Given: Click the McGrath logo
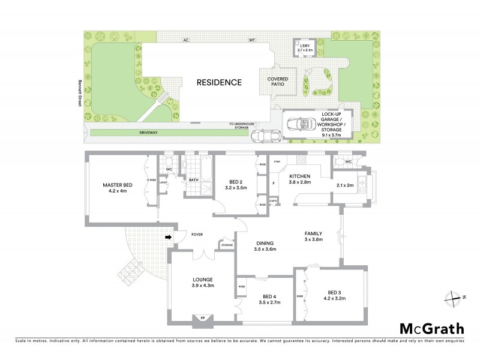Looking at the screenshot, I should [x=431, y=328].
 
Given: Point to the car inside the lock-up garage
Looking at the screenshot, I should [x=302, y=124].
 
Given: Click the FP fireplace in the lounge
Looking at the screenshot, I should [x=202, y=318].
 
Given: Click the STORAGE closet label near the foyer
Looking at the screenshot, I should [x=226, y=245].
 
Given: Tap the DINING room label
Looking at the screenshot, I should [x=265, y=242].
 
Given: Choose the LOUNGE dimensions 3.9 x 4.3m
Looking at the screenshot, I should [x=202, y=286].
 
